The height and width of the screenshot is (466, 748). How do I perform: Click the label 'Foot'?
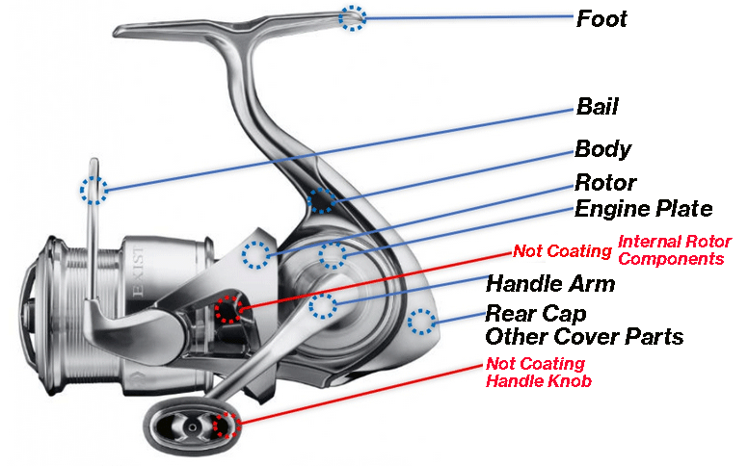tap(601, 18)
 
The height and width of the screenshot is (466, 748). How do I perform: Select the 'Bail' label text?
tap(597, 105)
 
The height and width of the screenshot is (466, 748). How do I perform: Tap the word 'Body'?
tap(602, 149)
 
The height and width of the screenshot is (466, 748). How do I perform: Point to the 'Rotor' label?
tap(605, 182)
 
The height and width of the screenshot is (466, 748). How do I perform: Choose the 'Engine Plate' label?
tap(643, 209)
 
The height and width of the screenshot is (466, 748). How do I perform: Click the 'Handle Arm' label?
tap(550, 284)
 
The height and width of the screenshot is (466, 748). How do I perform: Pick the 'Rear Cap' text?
tap(536, 314)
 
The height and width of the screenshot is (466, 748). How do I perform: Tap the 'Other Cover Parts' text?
tap(584, 337)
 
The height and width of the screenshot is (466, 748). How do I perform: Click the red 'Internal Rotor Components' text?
tap(674, 250)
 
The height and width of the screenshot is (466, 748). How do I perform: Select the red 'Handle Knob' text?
tap(539, 380)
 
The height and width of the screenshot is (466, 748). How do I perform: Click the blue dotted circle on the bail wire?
tap(93, 190)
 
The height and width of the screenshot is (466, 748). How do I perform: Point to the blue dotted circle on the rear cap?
tap(420, 322)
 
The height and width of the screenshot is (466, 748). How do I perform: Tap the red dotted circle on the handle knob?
tap(225, 425)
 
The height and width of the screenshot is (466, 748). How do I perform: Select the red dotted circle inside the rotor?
tap(228, 309)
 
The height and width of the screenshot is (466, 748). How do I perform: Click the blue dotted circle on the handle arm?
tap(323, 306)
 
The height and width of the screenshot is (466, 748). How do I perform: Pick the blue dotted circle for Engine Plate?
tap(333, 255)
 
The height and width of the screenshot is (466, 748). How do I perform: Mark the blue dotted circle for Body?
tap(321, 199)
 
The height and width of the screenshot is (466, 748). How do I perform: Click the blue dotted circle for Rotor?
tap(256, 255)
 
